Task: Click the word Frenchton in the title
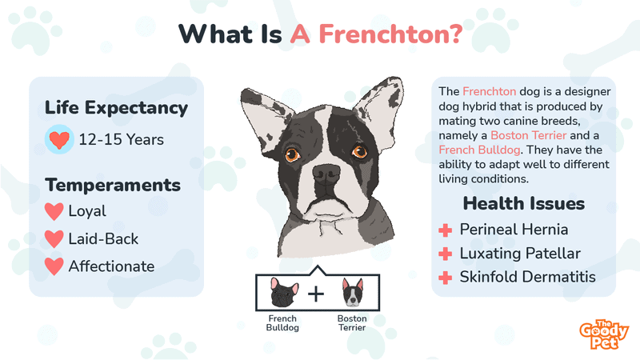pyautogui.click(x=390, y=34)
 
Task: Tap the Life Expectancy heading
pyautogui.click(x=116, y=108)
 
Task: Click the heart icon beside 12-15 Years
pyautogui.click(x=59, y=139)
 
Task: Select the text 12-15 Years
pyautogui.click(x=122, y=139)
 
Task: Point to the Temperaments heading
pyautogui.click(x=113, y=185)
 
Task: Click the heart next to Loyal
pyautogui.click(x=54, y=211)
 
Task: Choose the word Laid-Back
pyautogui.click(x=103, y=238)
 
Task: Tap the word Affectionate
pyautogui.click(x=111, y=266)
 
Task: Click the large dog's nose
pyautogui.click(x=326, y=174)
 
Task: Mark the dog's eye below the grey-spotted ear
pyautogui.click(x=359, y=152)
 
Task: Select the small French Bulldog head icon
pyautogui.click(x=284, y=292)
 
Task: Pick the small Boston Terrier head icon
pyautogui.click(x=353, y=293)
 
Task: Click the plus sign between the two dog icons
pyautogui.click(x=316, y=294)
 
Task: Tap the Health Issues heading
pyautogui.click(x=524, y=203)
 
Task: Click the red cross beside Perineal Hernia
pyautogui.click(x=446, y=230)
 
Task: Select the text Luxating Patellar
pyautogui.click(x=520, y=254)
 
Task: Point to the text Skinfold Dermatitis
pyautogui.click(x=528, y=277)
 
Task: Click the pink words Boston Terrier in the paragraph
pyautogui.click(x=529, y=135)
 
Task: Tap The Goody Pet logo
pyautogui.click(x=604, y=334)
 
